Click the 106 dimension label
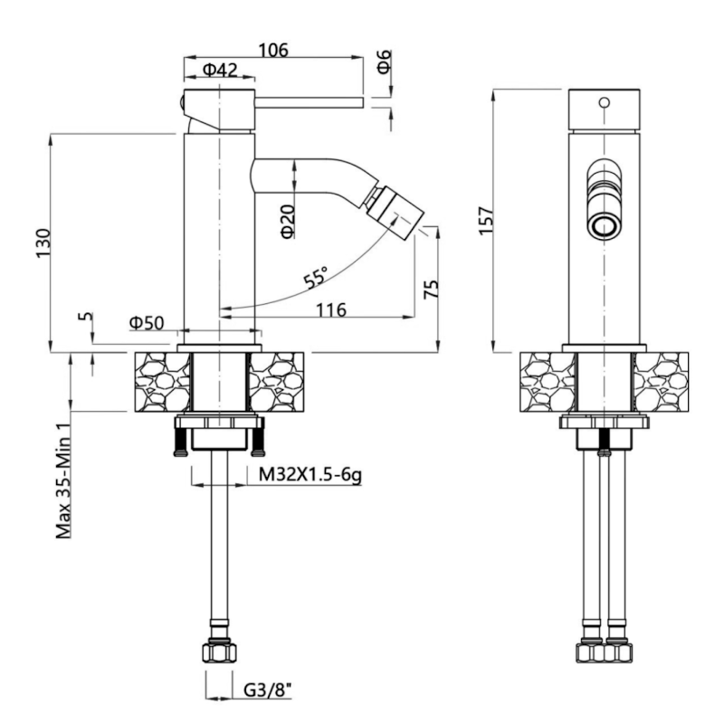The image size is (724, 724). point(273,50)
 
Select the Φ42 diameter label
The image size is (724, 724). point(220,70)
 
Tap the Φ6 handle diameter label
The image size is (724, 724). point(384,62)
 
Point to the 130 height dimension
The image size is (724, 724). point(43,243)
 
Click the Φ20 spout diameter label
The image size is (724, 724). point(288,222)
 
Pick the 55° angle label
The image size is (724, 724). point(316,277)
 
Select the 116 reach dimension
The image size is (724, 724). point(330,310)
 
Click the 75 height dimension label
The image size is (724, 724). point(431,289)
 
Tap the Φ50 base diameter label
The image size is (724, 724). point(147,323)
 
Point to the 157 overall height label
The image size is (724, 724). point(486,221)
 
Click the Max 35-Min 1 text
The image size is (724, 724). point(63,481)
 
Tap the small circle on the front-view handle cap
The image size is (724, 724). point(604,102)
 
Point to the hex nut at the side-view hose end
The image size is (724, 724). point(219,653)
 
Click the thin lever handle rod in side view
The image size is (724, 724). point(309,103)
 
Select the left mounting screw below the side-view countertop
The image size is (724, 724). point(179,442)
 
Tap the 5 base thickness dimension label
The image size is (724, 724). point(86,317)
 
